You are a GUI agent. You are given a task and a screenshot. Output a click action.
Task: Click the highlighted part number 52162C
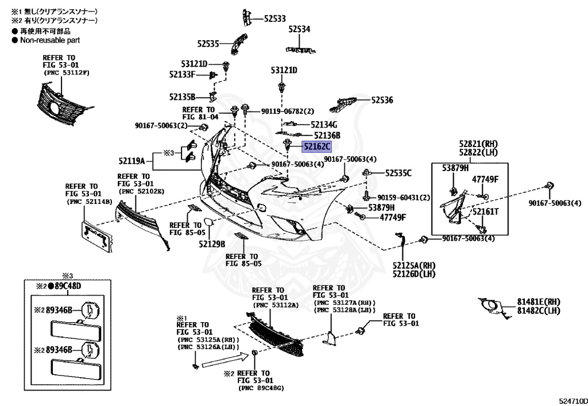pos(318,146)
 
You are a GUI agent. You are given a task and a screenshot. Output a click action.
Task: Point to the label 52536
pos(382,100)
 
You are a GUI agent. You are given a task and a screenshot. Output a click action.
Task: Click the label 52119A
pos(132,161)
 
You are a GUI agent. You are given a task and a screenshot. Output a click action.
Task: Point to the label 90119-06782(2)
pos(288,111)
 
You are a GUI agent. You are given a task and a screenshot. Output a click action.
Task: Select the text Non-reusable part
pos(50,40)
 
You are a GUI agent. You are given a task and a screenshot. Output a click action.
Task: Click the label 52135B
pos(183,97)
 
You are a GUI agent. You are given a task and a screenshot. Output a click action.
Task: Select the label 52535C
pos(399,172)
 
